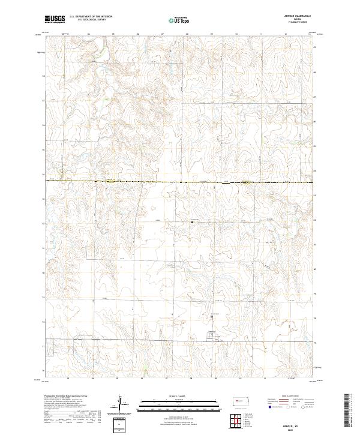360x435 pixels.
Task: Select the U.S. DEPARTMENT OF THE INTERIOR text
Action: (x=91, y=16)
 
